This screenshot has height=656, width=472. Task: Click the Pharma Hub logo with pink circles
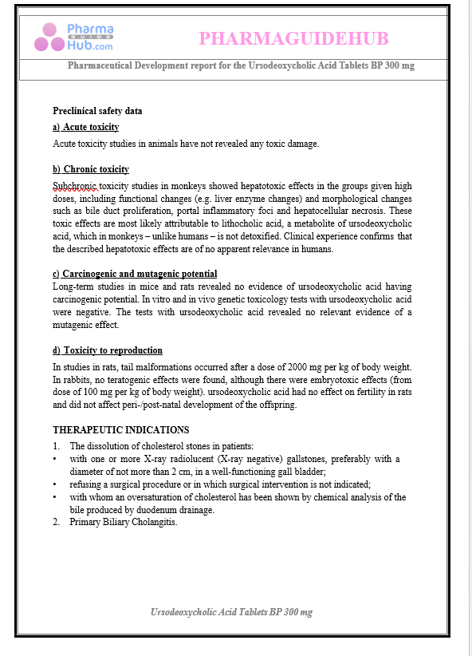click(x=73, y=38)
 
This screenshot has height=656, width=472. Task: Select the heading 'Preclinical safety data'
click(x=97, y=111)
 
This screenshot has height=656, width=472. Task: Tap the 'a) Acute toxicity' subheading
click(x=86, y=127)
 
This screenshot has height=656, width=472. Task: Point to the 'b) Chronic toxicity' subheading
click(x=91, y=169)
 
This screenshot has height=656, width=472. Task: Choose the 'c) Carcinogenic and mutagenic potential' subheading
click(x=135, y=274)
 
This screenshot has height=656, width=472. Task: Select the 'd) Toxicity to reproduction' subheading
click(x=108, y=350)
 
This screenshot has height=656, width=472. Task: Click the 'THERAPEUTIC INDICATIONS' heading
click(x=121, y=429)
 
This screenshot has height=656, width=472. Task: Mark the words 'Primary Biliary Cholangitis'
click(x=124, y=523)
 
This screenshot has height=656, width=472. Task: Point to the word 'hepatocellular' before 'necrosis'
click(x=329, y=210)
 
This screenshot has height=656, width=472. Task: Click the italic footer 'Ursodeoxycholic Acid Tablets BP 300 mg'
click(x=231, y=612)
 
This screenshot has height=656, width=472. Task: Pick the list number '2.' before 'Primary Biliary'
click(x=57, y=523)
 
